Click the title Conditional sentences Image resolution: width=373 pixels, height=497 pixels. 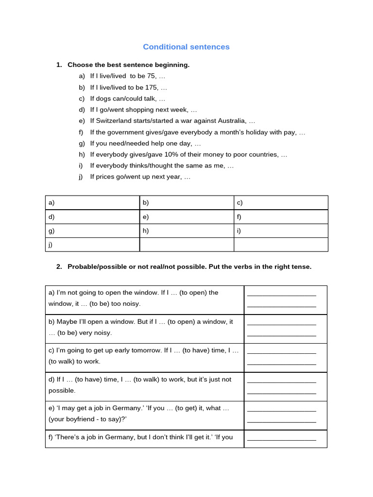pos(186,47)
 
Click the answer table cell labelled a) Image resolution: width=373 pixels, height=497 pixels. pos(92,202)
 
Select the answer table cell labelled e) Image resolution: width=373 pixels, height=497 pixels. pos(186,216)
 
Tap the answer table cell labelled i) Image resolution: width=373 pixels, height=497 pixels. pos(281,231)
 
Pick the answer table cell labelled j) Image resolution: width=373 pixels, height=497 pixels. pos(92,245)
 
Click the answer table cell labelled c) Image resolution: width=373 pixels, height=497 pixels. pos(281,202)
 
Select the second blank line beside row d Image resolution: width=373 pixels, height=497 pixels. pos(282,392)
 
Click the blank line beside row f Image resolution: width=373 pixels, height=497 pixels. pos(282,439)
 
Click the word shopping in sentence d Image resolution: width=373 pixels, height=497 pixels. pos(128,110)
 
